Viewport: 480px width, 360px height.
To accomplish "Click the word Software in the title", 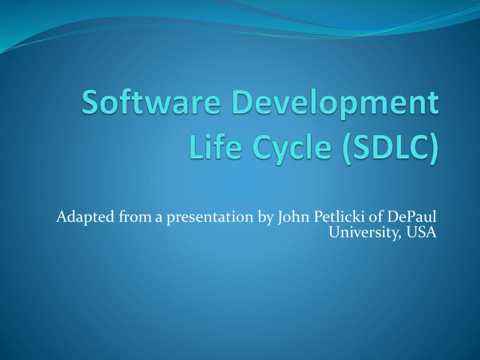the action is point(151,102).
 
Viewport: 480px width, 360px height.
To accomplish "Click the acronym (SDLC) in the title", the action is point(390,147).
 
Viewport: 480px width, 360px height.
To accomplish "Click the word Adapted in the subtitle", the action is point(86,217).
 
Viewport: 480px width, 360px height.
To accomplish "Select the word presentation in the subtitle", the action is point(210,218).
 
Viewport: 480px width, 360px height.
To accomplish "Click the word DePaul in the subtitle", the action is point(412,216).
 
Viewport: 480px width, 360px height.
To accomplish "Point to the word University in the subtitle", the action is point(364,232).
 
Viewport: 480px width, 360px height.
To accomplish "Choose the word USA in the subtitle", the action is point(421,232).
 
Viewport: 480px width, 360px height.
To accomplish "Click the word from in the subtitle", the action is point(135,216).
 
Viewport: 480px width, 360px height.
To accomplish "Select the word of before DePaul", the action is point(376,216).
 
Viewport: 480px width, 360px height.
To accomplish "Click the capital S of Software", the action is point(90,102).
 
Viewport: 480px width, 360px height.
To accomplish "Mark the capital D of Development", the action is point(242,102).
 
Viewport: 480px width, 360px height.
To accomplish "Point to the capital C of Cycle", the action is point(262,146).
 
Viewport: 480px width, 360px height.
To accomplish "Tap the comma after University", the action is point(399,237).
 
